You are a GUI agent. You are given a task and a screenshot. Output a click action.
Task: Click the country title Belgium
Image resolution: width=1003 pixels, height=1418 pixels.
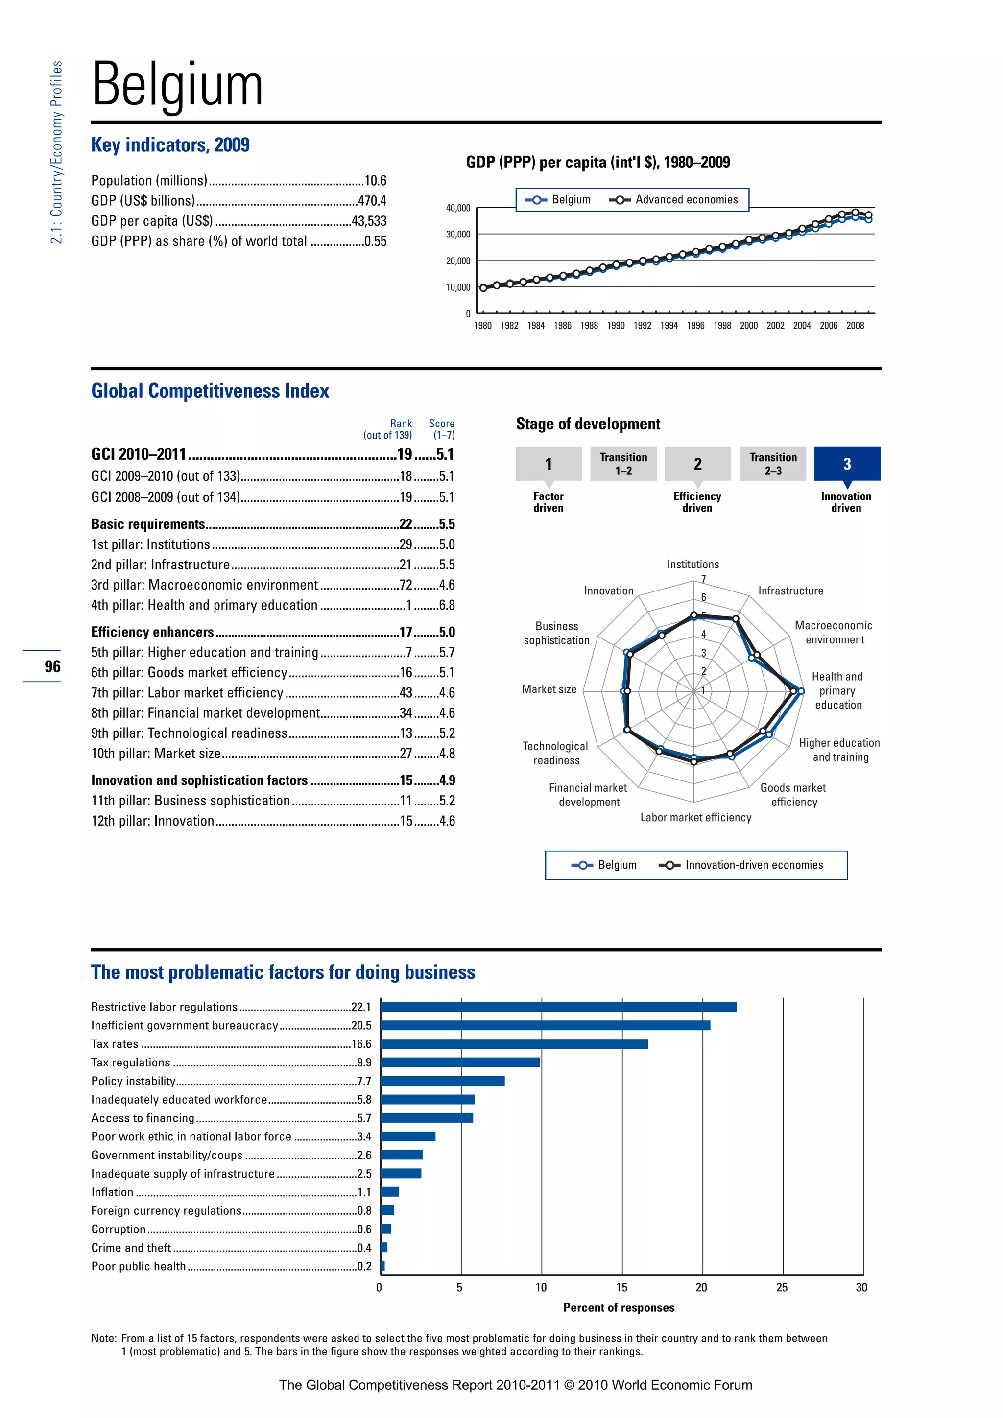click(177, 85)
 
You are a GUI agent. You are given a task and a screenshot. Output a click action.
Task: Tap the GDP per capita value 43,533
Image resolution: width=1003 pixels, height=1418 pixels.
click(369, 221)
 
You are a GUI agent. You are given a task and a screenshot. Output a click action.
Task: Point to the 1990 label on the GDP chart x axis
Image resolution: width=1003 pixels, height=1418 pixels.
click(615, 326)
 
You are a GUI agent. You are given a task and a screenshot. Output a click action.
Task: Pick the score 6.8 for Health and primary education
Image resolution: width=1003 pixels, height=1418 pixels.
click(447, 605)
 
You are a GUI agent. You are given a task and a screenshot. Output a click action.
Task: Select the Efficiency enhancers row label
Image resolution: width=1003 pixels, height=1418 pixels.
click(152, 632)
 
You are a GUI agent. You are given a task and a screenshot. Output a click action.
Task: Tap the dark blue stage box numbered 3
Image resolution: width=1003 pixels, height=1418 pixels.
click(847, 464)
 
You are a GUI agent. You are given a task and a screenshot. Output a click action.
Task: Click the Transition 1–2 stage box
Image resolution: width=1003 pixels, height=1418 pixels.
click(623, 464)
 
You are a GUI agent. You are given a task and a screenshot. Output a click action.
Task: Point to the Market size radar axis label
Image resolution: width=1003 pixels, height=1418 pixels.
click(549, 689)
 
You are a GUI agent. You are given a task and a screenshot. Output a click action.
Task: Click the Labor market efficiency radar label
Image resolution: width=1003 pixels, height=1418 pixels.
click(695, 818)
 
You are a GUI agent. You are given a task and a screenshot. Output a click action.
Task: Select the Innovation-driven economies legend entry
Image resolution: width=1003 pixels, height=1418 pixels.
click(754, 865)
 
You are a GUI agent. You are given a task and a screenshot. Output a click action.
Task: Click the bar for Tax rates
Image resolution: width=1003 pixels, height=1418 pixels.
click(514, 1044)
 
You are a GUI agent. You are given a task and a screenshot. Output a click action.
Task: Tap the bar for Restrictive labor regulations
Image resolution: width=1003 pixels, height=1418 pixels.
click(558, 1007)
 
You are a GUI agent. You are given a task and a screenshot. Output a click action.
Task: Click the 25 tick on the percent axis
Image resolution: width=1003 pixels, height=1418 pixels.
click(782, 1288)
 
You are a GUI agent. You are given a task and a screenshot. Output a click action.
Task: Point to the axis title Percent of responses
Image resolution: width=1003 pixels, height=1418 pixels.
click(619, 1307)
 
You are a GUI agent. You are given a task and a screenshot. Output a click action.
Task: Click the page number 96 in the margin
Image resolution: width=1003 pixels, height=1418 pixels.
click(52, 666)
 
